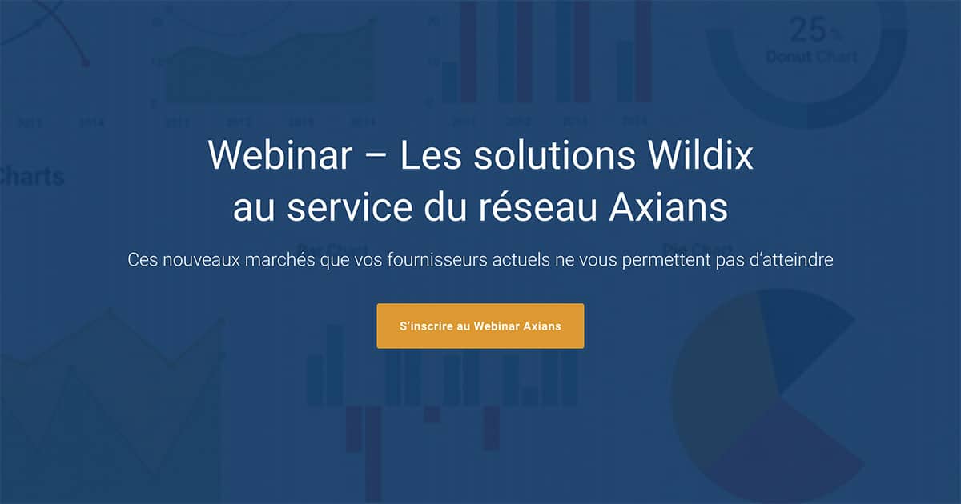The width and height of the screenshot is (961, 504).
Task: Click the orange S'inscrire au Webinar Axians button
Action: tap(480, 326)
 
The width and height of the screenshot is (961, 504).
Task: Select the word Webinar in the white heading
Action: tap(279, 155)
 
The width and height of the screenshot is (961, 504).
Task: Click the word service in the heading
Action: tap(345, 207)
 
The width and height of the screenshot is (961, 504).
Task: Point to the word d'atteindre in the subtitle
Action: tap(787, 261)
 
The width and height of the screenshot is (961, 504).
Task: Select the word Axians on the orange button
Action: tap(542, 326)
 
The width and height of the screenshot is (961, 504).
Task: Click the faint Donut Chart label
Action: tap(810, 57)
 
